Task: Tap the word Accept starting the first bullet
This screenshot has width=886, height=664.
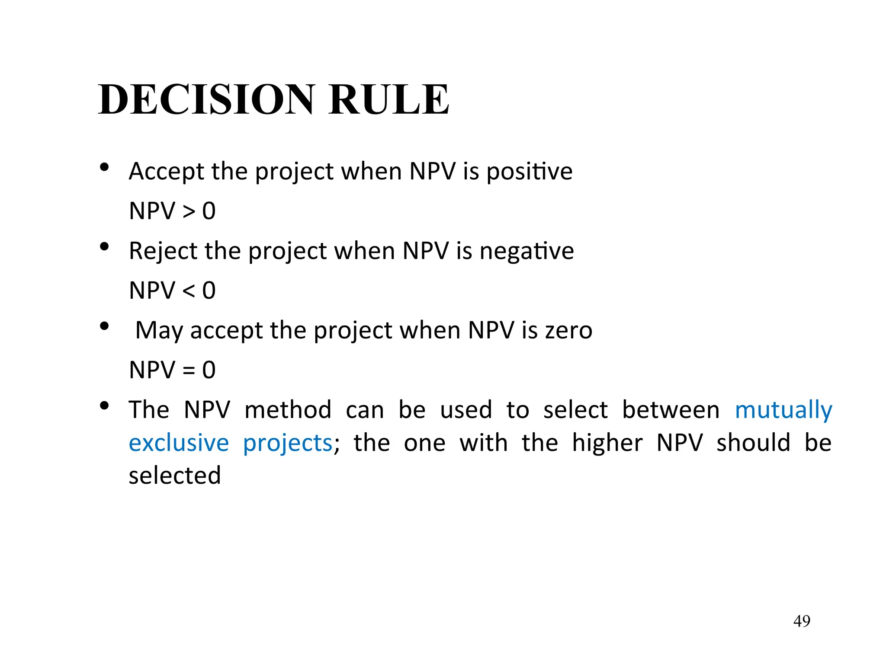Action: [x=166, y=171]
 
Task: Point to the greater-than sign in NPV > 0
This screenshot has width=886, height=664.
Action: [x=189, y=211]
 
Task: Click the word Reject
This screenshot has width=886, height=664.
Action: [x=163, y=251]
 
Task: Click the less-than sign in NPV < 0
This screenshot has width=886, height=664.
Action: [x=189, y=291]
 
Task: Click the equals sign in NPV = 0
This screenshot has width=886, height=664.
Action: [x=189, y=370]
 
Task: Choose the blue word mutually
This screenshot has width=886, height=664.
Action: [x=783, y=410]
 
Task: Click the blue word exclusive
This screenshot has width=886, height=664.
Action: [x=179, y=443]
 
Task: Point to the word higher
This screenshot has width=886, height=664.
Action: [x=607, y=443]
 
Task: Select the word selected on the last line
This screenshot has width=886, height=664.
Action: [x=175, y=476]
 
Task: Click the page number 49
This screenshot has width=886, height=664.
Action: [x=802, y=621]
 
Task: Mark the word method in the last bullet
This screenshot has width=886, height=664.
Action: [x=288, y=409]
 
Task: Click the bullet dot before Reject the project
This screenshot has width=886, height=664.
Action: [x=104, y=247]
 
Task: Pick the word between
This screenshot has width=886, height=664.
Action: [x=671, y=409]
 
